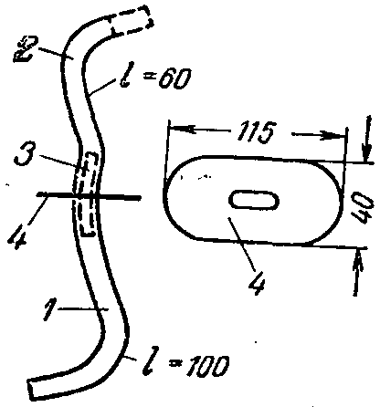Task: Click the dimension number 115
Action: pyautogui.click(x=255, y=131)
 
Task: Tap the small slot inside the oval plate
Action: pyautogui.click(x=254, y=201)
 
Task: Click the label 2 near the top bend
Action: pyautogui.click(x=26, y=48)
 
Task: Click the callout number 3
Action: pyautogui.click(x=25, y=153)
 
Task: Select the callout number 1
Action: pyautogui.click(x=48, y=309)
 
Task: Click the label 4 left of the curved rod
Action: pyautogui.click(x=18, y=235)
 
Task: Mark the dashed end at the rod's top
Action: pyautogui.click(x=132, y=20)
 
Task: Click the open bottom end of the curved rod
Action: pyautogui.click(x=31, y=388)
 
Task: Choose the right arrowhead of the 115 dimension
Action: pyautogui.click(x=331, y=135)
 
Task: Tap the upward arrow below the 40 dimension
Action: pyautogui.click(x=356, y=272)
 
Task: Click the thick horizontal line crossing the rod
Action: pyautogui.click(x=89, y=196)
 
